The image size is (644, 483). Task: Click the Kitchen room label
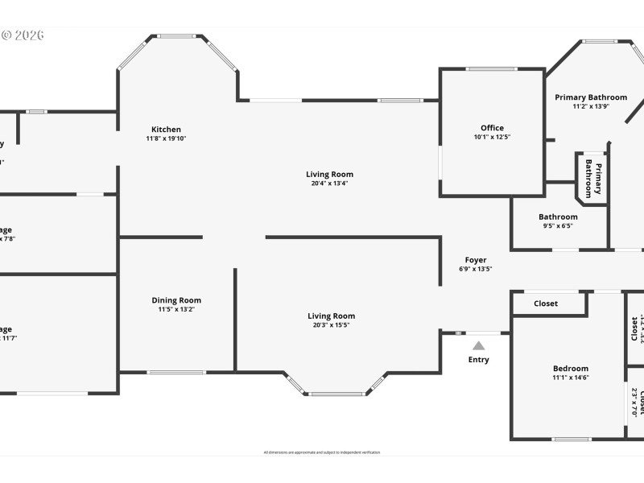[167, 130]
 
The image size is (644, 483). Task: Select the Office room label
[492, 128]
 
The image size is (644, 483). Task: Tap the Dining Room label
[176, 300]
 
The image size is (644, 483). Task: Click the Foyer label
[475, 260]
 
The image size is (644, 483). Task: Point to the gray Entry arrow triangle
[479, 345]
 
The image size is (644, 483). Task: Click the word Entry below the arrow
[479, 359]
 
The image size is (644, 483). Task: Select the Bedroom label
[570, 369]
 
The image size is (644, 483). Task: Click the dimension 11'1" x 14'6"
[570, 378]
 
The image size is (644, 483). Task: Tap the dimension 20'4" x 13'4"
[329, 184]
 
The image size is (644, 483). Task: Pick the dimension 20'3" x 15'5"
[331, 325]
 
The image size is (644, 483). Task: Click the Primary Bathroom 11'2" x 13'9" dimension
[591, 106]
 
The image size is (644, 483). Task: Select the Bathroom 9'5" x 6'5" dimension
[558, 226]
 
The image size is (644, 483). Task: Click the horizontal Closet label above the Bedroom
[546, 303]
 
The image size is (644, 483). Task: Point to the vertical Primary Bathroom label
[592, 178]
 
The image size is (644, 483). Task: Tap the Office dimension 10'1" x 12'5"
[492, 138]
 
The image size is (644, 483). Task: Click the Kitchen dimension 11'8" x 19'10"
[167, 138]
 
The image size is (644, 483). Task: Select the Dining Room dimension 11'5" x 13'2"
[176, 309]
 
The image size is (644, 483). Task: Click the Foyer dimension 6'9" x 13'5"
[475, 269]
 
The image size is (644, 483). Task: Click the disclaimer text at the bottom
[322, 452]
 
